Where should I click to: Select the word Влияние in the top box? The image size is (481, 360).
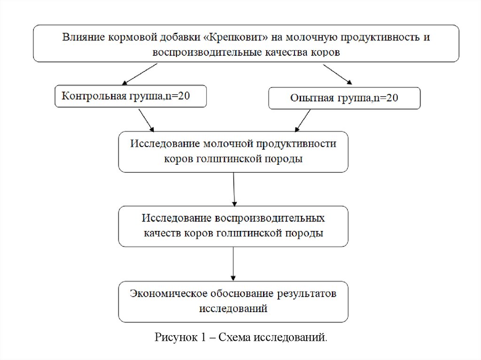[80, 37]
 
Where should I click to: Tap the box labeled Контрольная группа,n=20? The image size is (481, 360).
[131, 97]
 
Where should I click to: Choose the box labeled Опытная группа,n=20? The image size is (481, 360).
[344, 98]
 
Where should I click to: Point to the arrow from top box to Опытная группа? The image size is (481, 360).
[337, 74]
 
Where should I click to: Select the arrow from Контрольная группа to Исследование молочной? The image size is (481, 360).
[146, 120]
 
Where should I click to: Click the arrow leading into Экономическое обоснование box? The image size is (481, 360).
[233, 264]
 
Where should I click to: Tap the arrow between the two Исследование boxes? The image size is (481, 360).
[233, 189]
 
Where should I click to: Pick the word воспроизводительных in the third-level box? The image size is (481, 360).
[270, 219]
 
